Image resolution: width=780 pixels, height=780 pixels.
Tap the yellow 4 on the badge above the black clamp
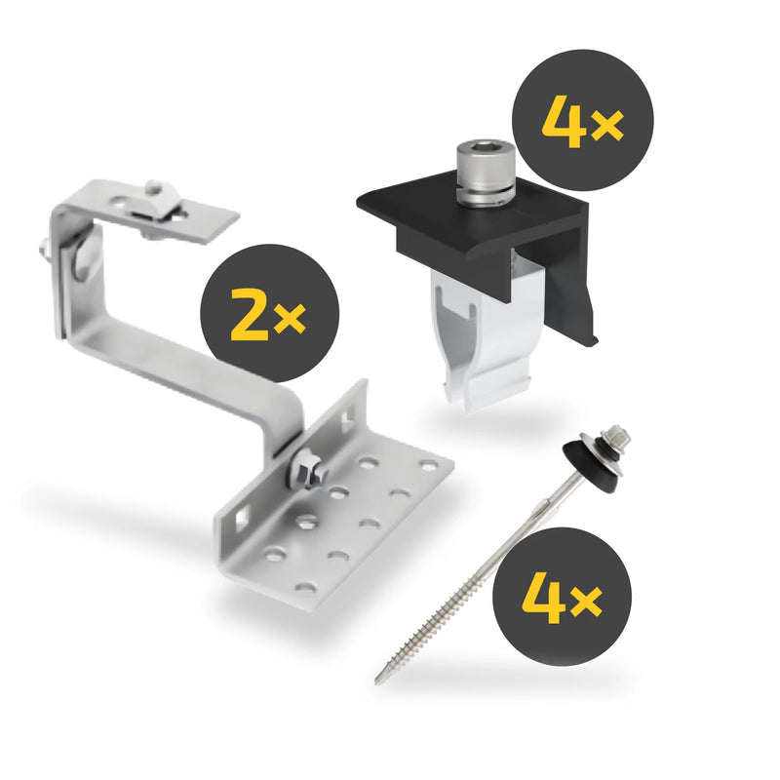pos(563,120)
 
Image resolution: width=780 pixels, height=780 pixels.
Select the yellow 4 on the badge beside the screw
pos(544,597)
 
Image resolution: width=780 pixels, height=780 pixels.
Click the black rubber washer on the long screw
pos(591,460)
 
